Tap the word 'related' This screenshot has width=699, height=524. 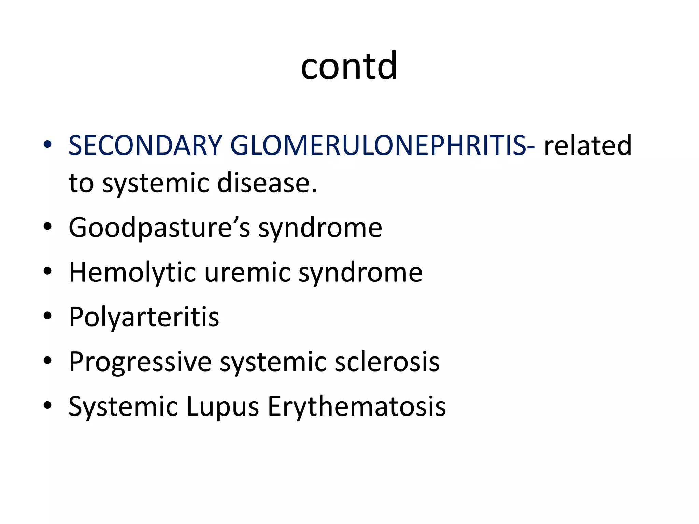point(587,145)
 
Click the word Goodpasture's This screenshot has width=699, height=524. point(159,228)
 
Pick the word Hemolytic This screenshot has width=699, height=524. point(132,273)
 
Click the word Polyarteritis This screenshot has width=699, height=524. point(144,317)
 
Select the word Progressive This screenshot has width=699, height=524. point(140,362)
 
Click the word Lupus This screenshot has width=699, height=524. point(223,407)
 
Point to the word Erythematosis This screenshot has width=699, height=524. point(357,407)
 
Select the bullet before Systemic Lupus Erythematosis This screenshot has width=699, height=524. point(47,405)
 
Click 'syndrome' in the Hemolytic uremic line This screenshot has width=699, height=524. point(360,273)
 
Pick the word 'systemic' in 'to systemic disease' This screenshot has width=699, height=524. point(155,183)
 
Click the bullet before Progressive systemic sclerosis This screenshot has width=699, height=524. point(47,361)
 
